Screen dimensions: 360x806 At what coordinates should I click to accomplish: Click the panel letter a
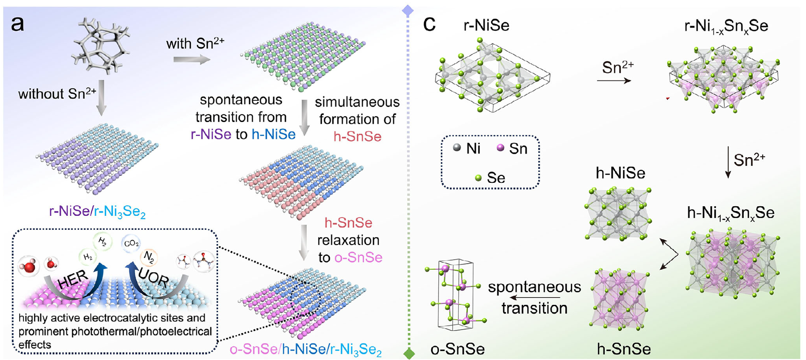coord(18,24)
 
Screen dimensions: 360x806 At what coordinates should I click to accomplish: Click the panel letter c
coord(429,25)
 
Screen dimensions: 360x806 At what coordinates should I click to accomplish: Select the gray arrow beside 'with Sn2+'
coord(191,59)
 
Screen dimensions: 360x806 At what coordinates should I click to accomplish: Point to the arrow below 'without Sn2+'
coord(101,97)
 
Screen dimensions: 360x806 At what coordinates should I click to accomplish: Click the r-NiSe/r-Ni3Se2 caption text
coord(97,212)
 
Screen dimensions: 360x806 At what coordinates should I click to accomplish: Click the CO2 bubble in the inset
coord(131,244)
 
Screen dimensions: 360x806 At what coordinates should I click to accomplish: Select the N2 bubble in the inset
coord(149,258)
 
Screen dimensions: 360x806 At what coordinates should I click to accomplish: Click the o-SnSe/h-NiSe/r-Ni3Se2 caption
coord(305,350)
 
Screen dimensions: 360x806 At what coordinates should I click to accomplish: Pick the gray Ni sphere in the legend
coord(457,148)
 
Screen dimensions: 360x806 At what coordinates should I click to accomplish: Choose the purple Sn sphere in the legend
coord(501,148)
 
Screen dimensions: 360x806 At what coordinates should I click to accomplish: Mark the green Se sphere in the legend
coord(478,178)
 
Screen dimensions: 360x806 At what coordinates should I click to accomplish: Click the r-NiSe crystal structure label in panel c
coord(486,26)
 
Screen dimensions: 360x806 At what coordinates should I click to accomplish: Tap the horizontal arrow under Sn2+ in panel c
coord(614,80)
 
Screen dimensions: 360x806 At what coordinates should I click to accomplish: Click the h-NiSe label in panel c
coord(620,173)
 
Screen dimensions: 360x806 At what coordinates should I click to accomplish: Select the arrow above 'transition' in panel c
coord(534,297)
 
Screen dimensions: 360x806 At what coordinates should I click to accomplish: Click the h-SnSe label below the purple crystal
coord(624,349)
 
